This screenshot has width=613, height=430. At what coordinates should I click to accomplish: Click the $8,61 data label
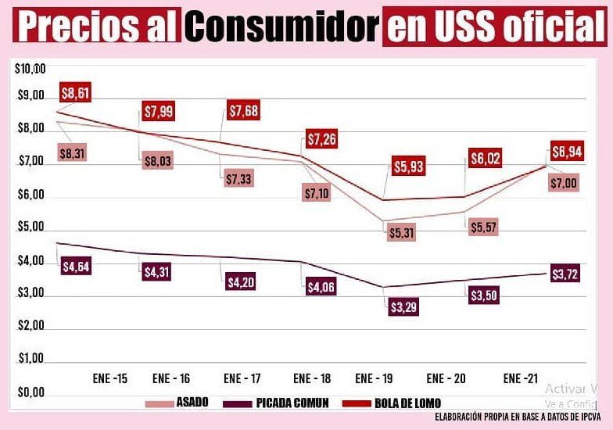76,95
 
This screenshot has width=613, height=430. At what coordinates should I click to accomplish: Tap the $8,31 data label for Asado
72,153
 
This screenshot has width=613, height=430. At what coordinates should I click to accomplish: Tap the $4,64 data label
76,266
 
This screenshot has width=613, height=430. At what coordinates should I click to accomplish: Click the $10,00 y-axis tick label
30,69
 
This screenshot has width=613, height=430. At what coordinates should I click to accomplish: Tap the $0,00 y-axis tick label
30,393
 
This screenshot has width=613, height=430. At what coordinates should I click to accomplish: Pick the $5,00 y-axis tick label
30,230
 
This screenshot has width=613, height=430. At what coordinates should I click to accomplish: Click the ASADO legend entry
180,403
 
